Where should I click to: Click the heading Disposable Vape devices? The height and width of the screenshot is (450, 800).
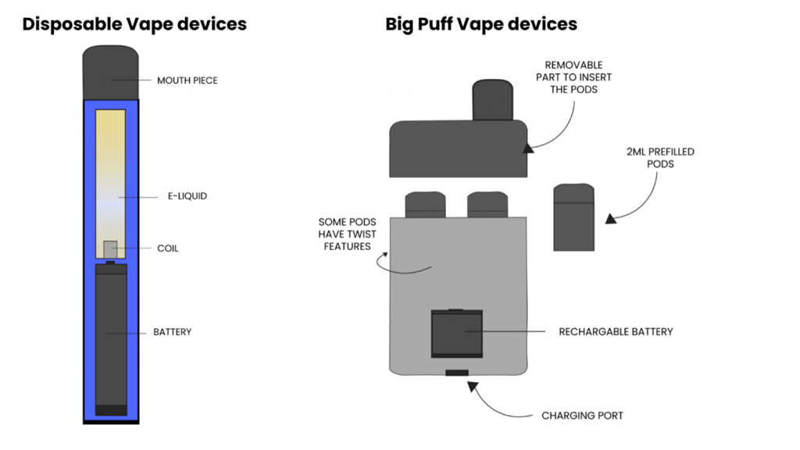tap(134, 24)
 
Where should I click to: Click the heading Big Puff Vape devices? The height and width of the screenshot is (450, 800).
tap(481, 24)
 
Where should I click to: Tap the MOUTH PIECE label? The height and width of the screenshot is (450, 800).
tap(187, 80)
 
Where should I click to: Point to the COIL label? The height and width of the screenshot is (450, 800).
tap(168, 248)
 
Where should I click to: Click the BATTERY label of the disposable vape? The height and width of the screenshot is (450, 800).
tap(173, 332)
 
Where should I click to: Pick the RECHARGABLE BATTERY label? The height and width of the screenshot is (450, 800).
tap(616, 332)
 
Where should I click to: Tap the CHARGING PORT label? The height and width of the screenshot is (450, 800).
tap(583, 416)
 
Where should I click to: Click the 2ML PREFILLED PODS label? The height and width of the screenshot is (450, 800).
tap(660, 158)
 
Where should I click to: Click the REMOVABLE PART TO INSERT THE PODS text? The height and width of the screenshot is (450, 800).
tap(573, 77)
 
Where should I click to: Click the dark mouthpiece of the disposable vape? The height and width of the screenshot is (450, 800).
tap(111, 73)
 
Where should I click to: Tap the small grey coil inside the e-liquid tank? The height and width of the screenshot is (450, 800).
tap(110, 249)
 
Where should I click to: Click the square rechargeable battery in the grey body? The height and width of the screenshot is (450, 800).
tap(457, 334)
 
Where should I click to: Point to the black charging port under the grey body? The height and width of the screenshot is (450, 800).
tap(457, 373)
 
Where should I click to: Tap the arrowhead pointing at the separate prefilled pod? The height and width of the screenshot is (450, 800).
tap(611, 218)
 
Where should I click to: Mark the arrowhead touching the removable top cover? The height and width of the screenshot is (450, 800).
tap(529, 145)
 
